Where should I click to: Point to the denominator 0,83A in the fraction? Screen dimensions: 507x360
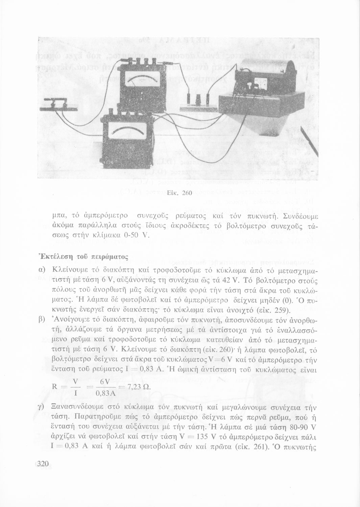pos(106,394)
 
